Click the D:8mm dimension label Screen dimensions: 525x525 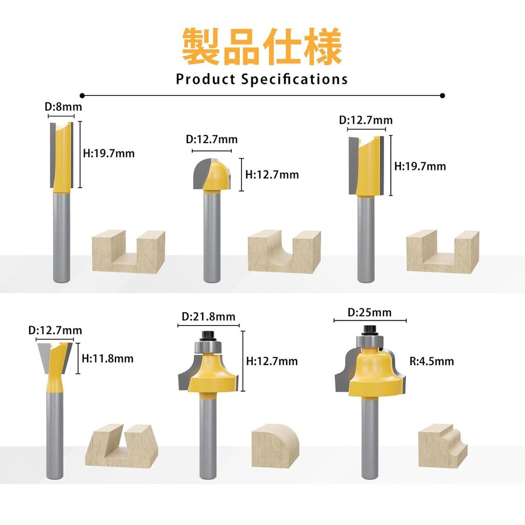pyautogui.click(x=63, y=107)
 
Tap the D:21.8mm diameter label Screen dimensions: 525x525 pyautogui.click(x=208, y=317)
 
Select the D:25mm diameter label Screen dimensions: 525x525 pyautogui.click(x=369, y=312)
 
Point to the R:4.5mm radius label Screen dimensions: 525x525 pyautogui.click(x=432, y=361)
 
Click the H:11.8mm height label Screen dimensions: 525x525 pyautogui.click(x=108, y=358)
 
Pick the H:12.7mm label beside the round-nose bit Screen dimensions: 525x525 pyautogui.click(x=272, y=175)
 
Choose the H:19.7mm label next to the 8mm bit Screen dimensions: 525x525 pyautogui.click(x=109, y=154)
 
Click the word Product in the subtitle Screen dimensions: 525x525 pyautogui.click(x=206, y=79)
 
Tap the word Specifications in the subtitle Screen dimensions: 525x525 pyautogui.click(x=294, y=79)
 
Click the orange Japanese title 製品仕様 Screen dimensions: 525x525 pyautogui.click(x=262, y=46)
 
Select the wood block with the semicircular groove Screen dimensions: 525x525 pyautogui.click(x=284, y=251)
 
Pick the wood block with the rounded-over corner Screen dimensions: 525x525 pyautogui.click(x=275, y=446)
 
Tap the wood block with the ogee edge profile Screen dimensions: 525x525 pyautogui.click(x=442, y=446)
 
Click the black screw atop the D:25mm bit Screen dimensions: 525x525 pyautogui.click(x=369, y=330)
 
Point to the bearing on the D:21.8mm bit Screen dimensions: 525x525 pyautogui.click(x=208, y=347)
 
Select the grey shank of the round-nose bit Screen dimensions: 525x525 pyautogui.click(x=212, y=236)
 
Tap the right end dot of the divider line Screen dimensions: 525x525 pyautogui.click(x=442, y=96)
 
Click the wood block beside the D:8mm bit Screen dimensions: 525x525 pyautogui.click(x=129, y=251)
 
